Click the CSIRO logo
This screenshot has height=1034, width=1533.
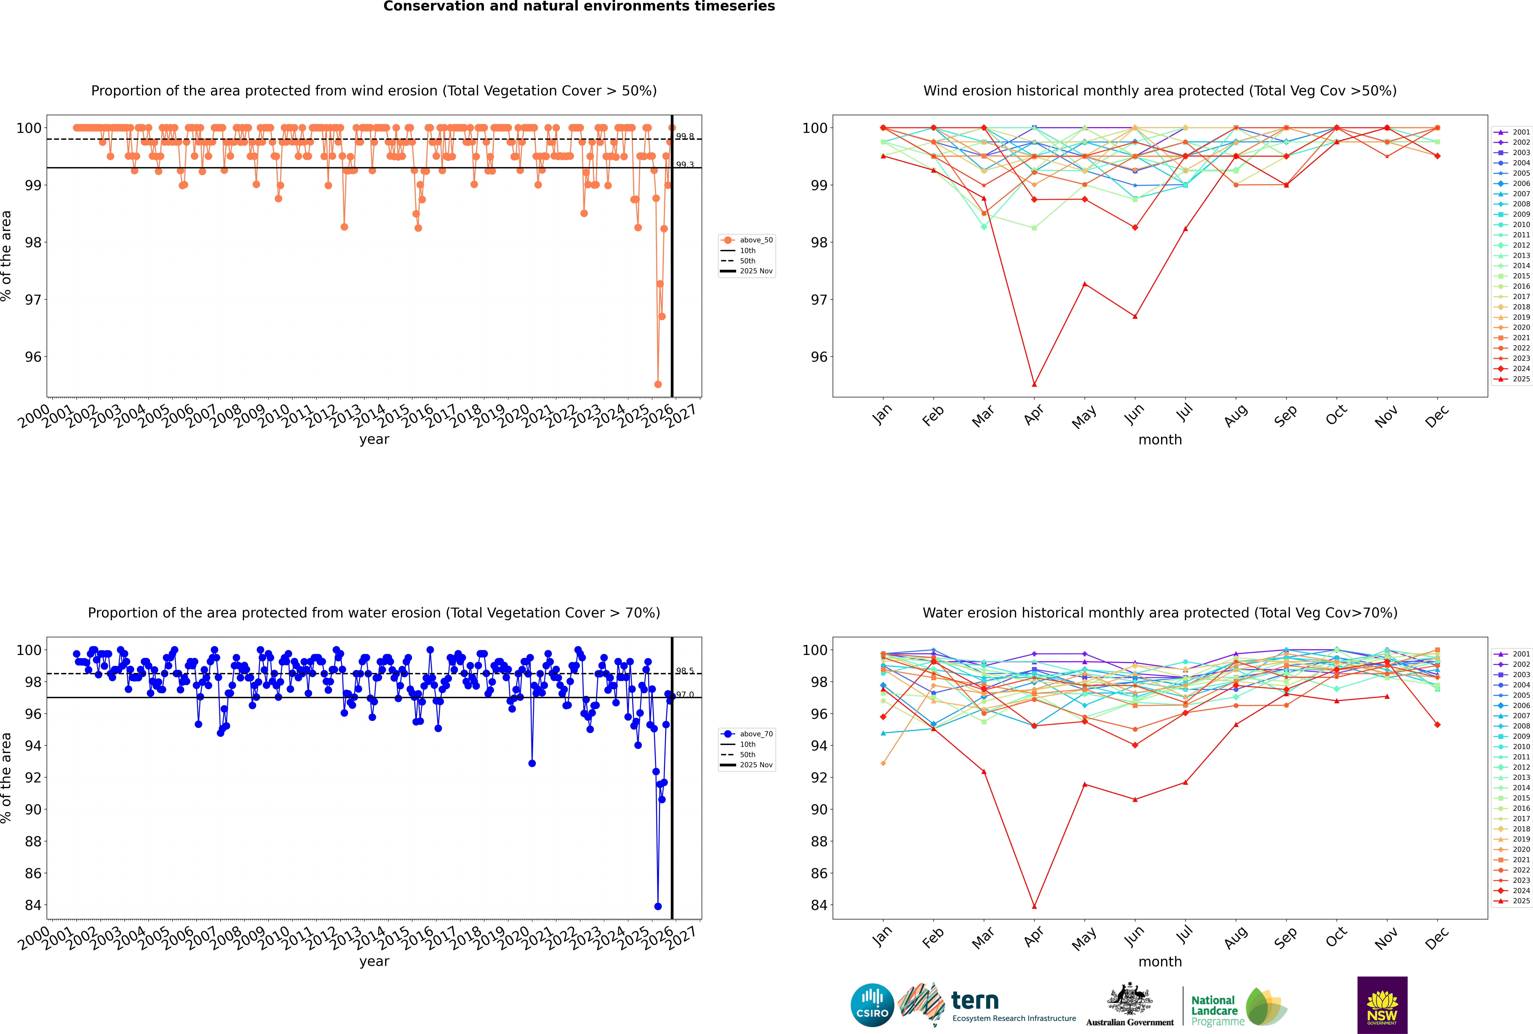tap(872, 1005)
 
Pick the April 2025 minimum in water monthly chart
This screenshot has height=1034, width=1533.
tap(1034, 906)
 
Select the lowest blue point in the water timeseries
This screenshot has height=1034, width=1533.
tap(658, 906)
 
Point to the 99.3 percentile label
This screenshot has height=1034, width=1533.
tap(685, 165)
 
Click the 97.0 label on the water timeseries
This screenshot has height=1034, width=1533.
tap(685, 694)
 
